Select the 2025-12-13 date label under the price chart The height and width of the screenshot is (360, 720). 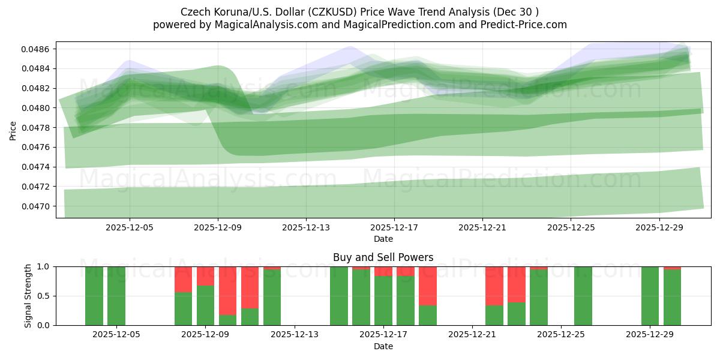coord(306,228)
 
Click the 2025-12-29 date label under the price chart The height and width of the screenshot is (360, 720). coord(659,228)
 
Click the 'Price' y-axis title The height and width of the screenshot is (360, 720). coord(13,131)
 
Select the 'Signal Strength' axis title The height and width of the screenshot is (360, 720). coord(28,296)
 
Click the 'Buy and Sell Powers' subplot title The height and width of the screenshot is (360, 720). coord(383,257)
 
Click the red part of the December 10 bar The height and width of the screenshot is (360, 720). coord(227,290)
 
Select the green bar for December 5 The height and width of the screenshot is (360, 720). coord(116,296)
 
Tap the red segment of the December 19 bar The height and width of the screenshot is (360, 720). coord(428,286)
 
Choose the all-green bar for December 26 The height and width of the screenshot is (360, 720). coord(583,296)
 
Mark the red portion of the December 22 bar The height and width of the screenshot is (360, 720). coord(494,286)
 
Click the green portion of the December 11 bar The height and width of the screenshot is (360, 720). coord(250,317)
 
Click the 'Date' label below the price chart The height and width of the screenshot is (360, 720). coord(383,239)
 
